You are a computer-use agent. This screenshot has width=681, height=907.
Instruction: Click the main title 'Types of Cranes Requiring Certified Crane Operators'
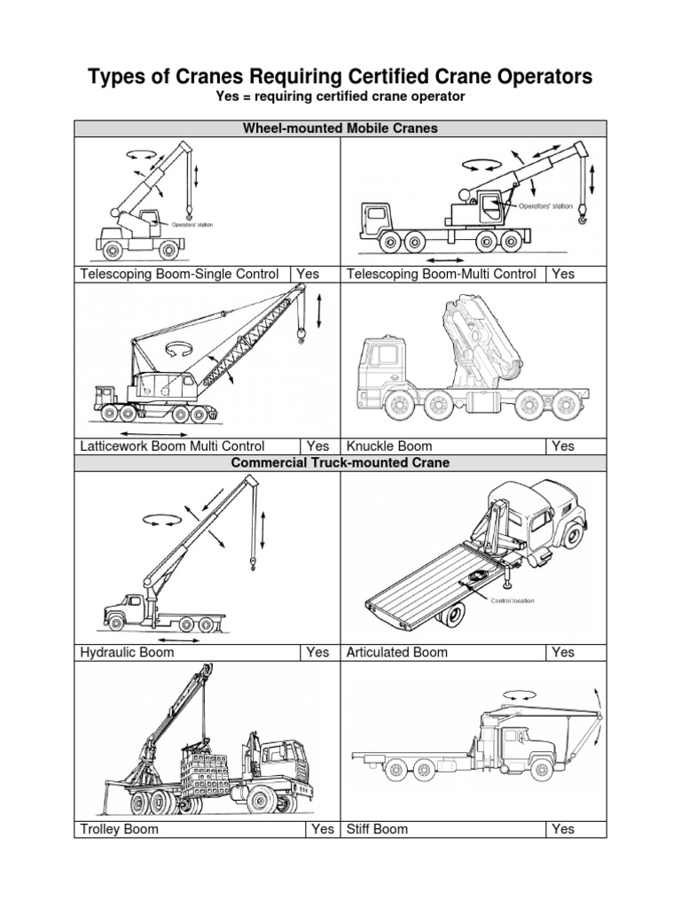[x=340, y=77]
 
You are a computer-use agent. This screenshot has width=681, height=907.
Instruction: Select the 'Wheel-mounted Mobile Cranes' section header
[x=340, y=128]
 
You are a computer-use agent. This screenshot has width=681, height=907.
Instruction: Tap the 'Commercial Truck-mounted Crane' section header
[x=340, y=462]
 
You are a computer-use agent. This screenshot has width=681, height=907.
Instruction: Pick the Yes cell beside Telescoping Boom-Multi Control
[x=563, y=274]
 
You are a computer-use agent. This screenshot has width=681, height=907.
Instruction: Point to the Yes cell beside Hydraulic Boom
[x=317, y=652]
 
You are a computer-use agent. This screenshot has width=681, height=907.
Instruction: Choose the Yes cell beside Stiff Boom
[x=563, y=829]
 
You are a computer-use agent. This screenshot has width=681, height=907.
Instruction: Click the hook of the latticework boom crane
[x=301, y=335]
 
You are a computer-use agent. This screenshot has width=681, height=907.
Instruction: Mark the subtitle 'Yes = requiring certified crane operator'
[x=340, y=96]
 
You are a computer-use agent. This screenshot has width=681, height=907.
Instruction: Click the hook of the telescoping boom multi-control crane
[x=583, y=213]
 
